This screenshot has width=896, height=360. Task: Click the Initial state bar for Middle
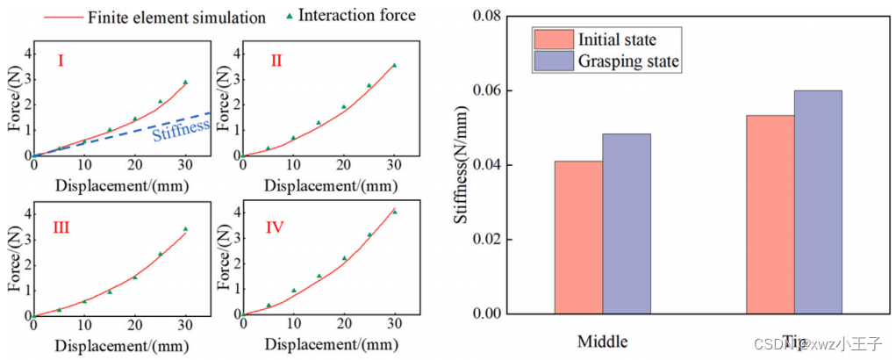tap(578, 237)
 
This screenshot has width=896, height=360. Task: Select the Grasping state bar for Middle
tap(627, 224)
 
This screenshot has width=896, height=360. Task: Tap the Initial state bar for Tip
tap(771, 214)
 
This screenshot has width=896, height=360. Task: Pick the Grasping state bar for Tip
tap(818, 202)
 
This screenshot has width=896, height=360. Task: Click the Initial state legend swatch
tap(553, 40)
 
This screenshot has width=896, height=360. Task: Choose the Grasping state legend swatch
tap(553, 61)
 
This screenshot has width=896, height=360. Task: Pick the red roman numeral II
tap(275, 61)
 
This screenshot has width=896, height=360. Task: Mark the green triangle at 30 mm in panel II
tap(394, 65)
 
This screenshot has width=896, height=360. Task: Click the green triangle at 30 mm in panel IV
tap(394, 212)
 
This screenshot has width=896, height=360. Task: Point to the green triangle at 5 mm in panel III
tap(59, 309)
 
